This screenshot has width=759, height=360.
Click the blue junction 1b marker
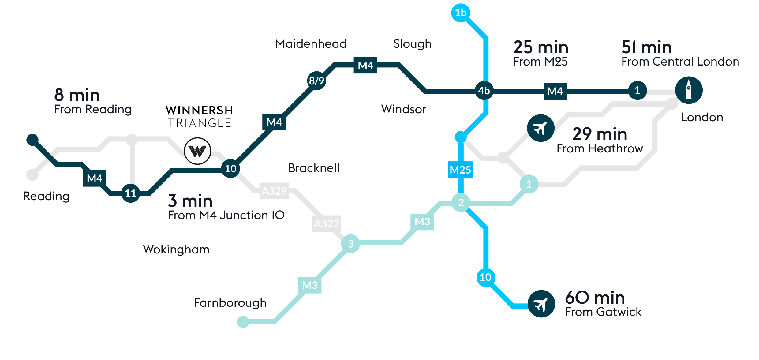pos(461,13)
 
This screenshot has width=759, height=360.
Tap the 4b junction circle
pos(484,91)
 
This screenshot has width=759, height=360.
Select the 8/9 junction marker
pos(316,81)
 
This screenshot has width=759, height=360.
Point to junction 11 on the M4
pos(131,193)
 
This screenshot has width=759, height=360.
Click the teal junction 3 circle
pos(351,244)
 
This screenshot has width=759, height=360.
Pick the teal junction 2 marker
pos(461,202)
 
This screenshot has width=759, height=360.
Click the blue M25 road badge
pos(460,170)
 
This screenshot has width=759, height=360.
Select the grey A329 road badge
pos(274,191)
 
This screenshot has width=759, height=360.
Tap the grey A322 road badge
pos(327,224)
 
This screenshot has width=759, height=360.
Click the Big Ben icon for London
pos(689,90)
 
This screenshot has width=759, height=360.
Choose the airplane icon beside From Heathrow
pos(540,128)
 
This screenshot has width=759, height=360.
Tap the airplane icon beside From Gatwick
pos(541,304)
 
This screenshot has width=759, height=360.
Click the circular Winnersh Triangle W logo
pos(197,151)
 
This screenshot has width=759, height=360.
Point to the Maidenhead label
pos(311,44)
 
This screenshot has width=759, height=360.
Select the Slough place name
pos(412,44)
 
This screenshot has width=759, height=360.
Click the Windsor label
pos(404,109)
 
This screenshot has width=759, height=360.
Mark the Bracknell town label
pos(314,168)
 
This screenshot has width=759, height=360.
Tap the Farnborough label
pos(230,303)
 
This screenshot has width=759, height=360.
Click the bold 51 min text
pos(646,47)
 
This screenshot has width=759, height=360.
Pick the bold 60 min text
pos(595,298)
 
